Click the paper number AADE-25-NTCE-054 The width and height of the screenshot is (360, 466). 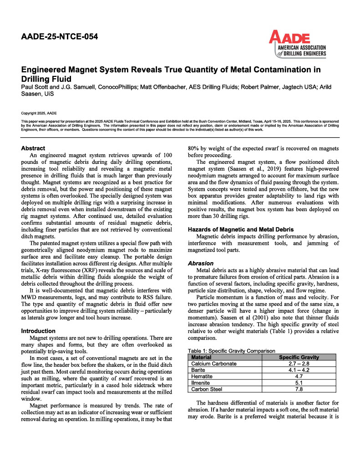pyautogui.click(x=60, y=36)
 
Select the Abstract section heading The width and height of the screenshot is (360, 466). pyautogui.click(x=33, y=148)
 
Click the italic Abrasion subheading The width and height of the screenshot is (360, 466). pyautogui.click(x=201, y=263)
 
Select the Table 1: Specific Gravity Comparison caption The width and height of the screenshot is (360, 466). pyautogui.click(x=231, y=351)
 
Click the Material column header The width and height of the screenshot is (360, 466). pyautogui.click(x=201, y=357)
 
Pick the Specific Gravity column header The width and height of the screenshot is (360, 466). pyautogui.click(x=299, y=357)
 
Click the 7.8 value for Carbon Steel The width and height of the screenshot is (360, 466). pyautogui.click(x=299, y=389)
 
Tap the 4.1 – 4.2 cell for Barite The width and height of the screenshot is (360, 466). pyautogui.click(x=299, y=370)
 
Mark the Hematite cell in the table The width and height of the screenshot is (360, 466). pyautogui.click(x=202, y=376)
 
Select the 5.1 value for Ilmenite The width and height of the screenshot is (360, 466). pyautogui.click(x=299, y=383)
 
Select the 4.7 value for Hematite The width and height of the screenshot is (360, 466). pyautogui.click(x=299, y=376)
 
